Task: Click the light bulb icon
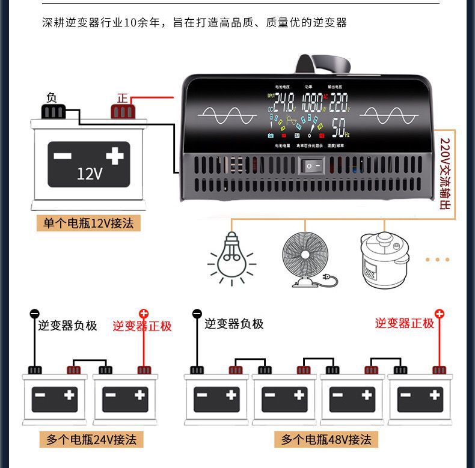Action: (231, 258)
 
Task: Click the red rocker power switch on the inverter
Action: (311, 165)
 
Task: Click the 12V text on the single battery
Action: (90, 174)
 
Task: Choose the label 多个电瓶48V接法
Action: (326, 440)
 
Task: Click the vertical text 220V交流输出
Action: (445, 174)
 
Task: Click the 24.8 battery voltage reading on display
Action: (284, 101)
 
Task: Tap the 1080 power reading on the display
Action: (312, 101)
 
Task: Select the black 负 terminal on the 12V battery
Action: (52, 111)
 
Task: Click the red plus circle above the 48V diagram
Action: (440, 314)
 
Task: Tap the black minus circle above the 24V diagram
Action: (34, 314)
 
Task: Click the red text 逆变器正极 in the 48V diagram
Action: (404, 323)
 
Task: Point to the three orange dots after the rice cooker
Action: (437, 260)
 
